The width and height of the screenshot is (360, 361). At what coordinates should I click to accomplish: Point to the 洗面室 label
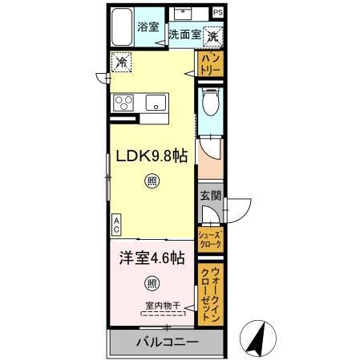[184, 35]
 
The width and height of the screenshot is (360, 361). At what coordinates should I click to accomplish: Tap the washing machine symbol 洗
[213, 35]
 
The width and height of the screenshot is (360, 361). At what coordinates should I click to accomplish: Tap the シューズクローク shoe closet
[210, 237]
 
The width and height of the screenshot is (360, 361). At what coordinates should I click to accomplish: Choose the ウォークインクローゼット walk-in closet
[210, 293]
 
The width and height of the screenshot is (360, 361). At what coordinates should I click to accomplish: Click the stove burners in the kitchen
[127, 102]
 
